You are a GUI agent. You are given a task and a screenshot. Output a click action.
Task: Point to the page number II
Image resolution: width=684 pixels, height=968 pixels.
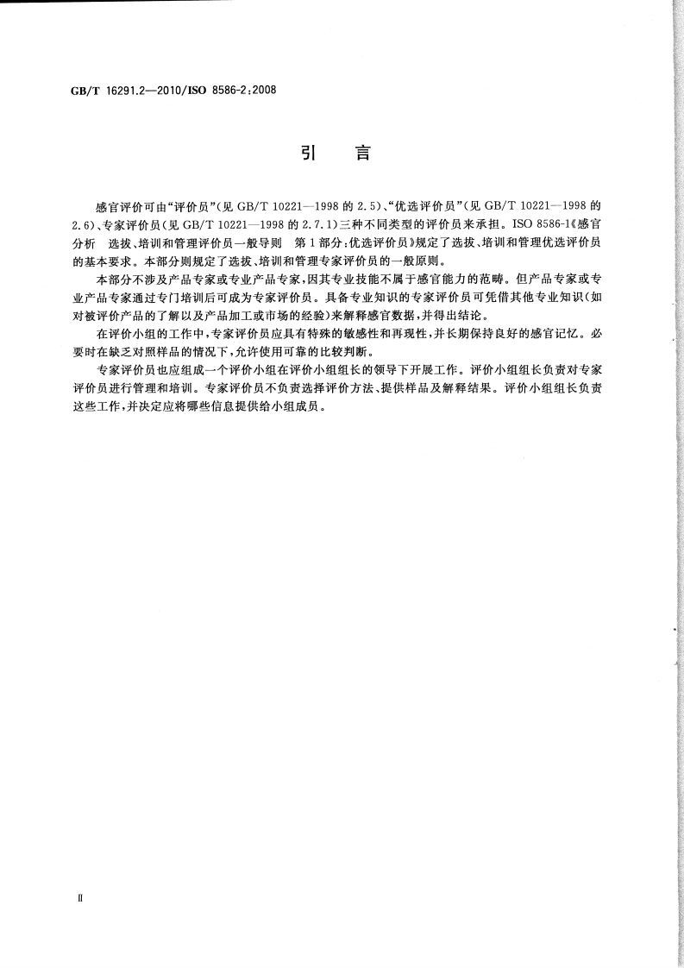79,897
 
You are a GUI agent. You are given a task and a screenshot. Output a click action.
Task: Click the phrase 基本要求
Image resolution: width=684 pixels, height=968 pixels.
111,259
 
